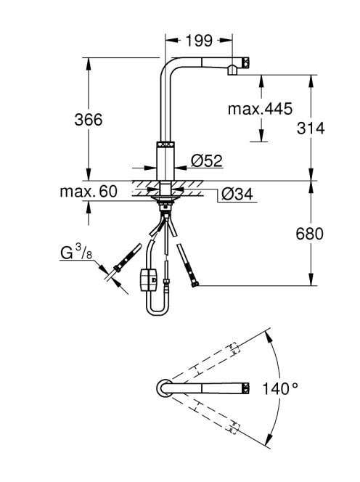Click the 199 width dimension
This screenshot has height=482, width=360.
199,40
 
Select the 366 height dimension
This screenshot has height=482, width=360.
89,119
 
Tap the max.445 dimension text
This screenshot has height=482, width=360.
260,109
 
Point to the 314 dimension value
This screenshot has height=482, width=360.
311,128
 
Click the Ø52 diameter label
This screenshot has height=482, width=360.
207,160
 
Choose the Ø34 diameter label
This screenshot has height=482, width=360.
237,194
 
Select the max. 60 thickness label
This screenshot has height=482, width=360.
89,192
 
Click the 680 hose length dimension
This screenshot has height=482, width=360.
310,234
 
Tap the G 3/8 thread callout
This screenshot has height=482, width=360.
76,253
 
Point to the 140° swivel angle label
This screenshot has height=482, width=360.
279,388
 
